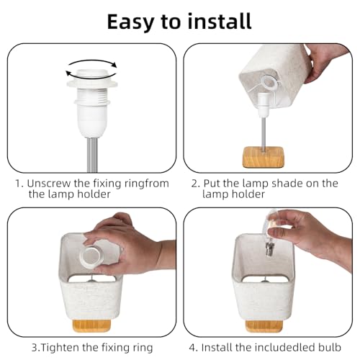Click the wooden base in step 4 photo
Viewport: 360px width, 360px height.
coord(264,326)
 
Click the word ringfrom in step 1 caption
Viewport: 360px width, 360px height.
coord(146,183)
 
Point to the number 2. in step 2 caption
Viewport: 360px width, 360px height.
coord(196,183)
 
